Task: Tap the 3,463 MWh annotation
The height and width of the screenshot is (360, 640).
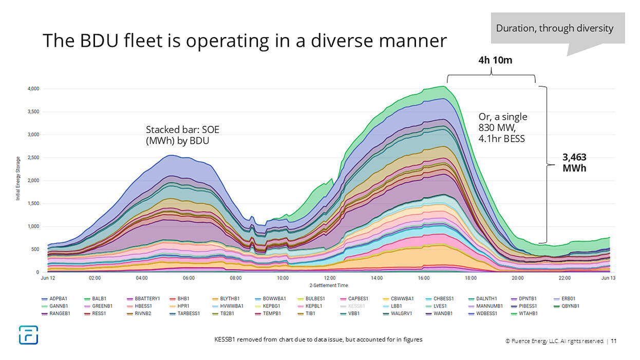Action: [575, 162]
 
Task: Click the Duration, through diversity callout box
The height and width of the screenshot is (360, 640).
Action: [554, 28]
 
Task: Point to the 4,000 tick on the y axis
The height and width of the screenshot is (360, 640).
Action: [33, 89]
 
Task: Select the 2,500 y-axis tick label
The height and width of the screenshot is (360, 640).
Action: [33, 158]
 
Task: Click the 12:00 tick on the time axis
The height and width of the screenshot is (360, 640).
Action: [330, 278]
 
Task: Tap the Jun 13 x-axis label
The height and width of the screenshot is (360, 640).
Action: [608, 278]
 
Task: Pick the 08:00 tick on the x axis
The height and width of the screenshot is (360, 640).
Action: [236, 278]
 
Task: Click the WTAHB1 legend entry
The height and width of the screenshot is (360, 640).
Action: [527, 313]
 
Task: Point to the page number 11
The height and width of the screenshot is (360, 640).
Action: [614, 340]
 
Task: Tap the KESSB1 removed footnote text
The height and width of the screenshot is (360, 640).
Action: [318, 339]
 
